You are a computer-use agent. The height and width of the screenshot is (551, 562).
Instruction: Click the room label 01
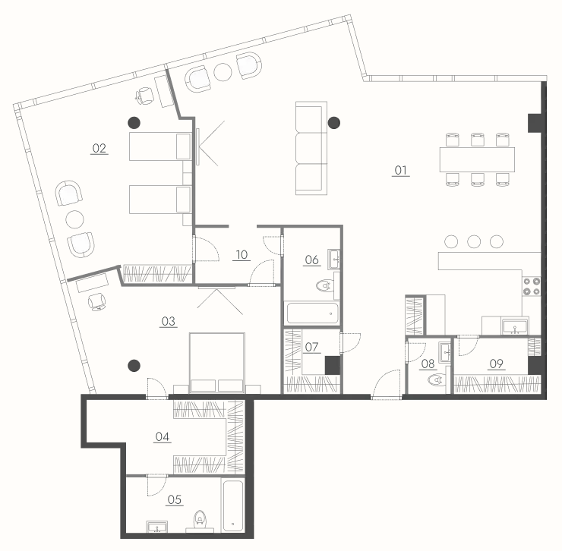pos(401,170)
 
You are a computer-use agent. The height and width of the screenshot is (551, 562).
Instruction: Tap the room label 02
pos(99,148)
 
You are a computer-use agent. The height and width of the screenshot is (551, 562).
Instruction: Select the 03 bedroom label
pos(168,321)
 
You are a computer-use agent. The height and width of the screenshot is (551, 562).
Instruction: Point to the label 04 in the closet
pos(163,436)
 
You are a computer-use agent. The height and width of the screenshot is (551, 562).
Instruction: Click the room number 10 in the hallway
pos(242,255)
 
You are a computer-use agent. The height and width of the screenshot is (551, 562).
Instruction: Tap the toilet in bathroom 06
pos(324,285)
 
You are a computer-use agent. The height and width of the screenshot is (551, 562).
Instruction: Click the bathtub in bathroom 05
pos(233,505)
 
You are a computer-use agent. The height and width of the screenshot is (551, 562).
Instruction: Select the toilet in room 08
pos(437,379)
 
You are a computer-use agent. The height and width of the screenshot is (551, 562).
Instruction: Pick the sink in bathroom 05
pos(157,527)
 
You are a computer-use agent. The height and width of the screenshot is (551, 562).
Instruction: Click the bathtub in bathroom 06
pos(312,313)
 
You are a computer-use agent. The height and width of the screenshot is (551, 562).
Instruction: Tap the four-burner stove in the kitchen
pos(532,286)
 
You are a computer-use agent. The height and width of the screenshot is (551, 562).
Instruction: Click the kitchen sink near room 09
pos(515,326)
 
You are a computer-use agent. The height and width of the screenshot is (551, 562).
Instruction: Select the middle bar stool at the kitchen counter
pos(474,241)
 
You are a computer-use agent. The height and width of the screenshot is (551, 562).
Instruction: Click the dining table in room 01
pos(477,159)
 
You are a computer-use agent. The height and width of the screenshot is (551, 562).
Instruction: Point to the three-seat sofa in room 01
pos(311,148)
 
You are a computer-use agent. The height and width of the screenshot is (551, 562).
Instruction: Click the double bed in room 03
pos(217,363)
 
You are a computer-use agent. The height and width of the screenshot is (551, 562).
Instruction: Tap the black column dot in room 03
pos(134,366)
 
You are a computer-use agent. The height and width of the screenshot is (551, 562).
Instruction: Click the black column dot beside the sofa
pos(334,123)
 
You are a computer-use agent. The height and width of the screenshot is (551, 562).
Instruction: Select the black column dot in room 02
pos(134,123)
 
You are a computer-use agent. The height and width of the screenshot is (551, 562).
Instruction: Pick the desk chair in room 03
pos(96,302)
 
